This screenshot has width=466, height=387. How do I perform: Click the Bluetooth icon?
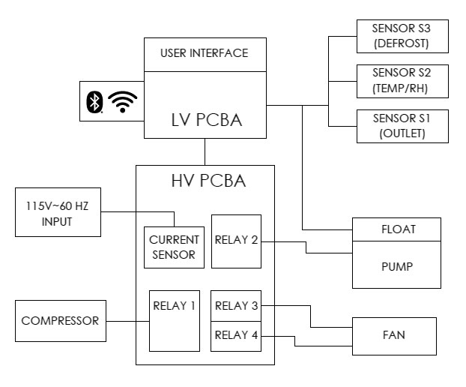coord(94,102)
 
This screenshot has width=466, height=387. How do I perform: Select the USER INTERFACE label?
coord(204,54)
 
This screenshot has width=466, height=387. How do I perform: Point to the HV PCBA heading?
coord(205,181)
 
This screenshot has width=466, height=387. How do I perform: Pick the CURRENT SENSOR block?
coord(174,247)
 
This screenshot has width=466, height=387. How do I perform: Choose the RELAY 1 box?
coord(174,320)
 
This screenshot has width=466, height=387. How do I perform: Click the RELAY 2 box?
coord(236,241)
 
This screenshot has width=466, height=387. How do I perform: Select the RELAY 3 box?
coord(236,306)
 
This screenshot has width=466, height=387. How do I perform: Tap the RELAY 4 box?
coord(236,335)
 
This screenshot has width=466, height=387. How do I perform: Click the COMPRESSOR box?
coord(60,321)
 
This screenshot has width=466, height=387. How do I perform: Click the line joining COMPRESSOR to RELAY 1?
coord(127,321)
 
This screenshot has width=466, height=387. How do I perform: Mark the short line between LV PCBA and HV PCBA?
coord(205,151)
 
